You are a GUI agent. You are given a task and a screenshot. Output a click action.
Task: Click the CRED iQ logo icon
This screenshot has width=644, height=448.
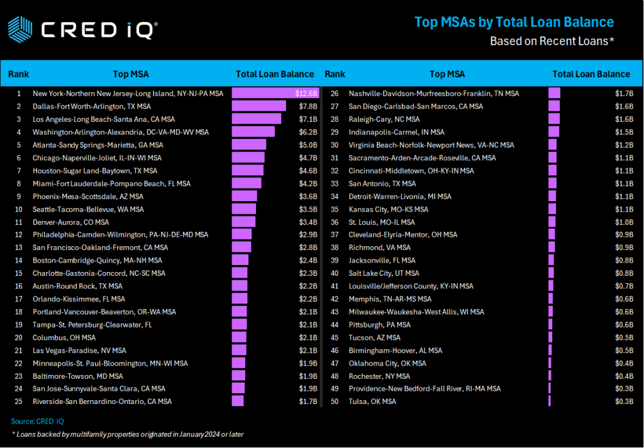19,28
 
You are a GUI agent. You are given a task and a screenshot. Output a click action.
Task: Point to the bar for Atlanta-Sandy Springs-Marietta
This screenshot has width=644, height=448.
248,145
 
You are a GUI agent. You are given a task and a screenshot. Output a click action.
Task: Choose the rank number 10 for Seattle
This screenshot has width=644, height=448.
19,209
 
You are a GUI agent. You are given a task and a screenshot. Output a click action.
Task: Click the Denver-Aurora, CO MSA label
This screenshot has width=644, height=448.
70,222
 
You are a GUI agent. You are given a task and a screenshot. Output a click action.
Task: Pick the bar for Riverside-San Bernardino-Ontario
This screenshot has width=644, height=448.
238,402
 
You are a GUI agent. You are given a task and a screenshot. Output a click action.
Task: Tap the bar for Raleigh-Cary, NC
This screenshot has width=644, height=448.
553,119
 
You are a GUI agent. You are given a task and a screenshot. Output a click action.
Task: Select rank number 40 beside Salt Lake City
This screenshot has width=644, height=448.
335,273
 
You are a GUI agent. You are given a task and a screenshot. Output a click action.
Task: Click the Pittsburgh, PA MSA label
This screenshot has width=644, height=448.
380,325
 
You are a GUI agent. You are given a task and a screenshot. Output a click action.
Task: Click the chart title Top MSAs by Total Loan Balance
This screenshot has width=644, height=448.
514,23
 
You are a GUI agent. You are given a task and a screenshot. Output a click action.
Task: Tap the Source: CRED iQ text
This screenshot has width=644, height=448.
38,421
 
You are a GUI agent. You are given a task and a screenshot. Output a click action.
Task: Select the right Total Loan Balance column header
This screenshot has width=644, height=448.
591,74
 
